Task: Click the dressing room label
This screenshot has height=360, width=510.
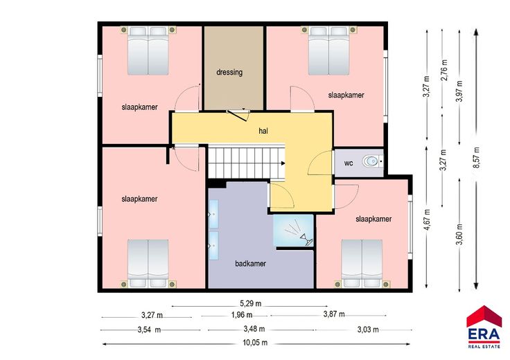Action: point(229,72)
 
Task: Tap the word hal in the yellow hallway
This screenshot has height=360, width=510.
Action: point(263,131)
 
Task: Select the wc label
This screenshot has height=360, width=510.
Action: point(349,163)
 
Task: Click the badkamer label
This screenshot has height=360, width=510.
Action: point(250,264)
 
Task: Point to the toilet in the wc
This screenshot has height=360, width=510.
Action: point(372,161)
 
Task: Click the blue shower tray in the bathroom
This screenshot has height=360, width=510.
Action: point(293,231)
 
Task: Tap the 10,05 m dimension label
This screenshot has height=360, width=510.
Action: point(255,343)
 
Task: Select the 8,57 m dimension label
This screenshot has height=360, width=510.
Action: point(477,158)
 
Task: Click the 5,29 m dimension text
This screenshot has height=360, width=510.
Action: point(250,304)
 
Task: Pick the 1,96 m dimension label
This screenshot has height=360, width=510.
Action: point(242,315)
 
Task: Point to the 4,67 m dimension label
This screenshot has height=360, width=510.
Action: point(426,219)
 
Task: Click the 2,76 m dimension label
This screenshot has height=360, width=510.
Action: point(444,70)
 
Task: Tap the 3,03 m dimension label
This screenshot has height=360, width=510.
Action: point(368,330)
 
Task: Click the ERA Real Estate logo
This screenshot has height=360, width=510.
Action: point(484,327)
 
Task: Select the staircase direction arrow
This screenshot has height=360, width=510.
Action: point(283,163)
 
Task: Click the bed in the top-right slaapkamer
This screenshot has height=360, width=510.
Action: point(328,51)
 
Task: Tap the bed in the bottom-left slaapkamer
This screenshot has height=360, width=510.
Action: point(148,264)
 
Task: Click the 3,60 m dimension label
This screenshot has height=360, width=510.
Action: point(459,234)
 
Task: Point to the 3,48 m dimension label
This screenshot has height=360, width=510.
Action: point(254,329)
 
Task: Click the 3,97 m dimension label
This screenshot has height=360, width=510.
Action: point(459,91)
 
